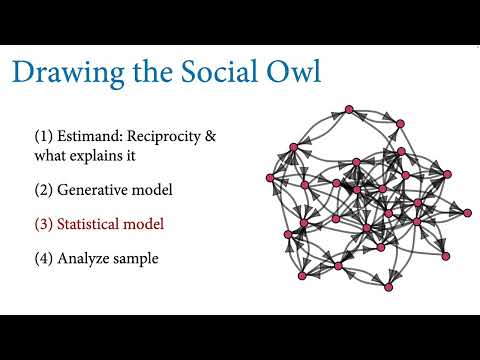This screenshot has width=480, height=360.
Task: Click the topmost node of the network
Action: (350, 109)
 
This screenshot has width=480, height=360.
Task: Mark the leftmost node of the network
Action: (270, 178)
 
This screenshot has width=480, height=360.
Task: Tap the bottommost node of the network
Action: (388, 288)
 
